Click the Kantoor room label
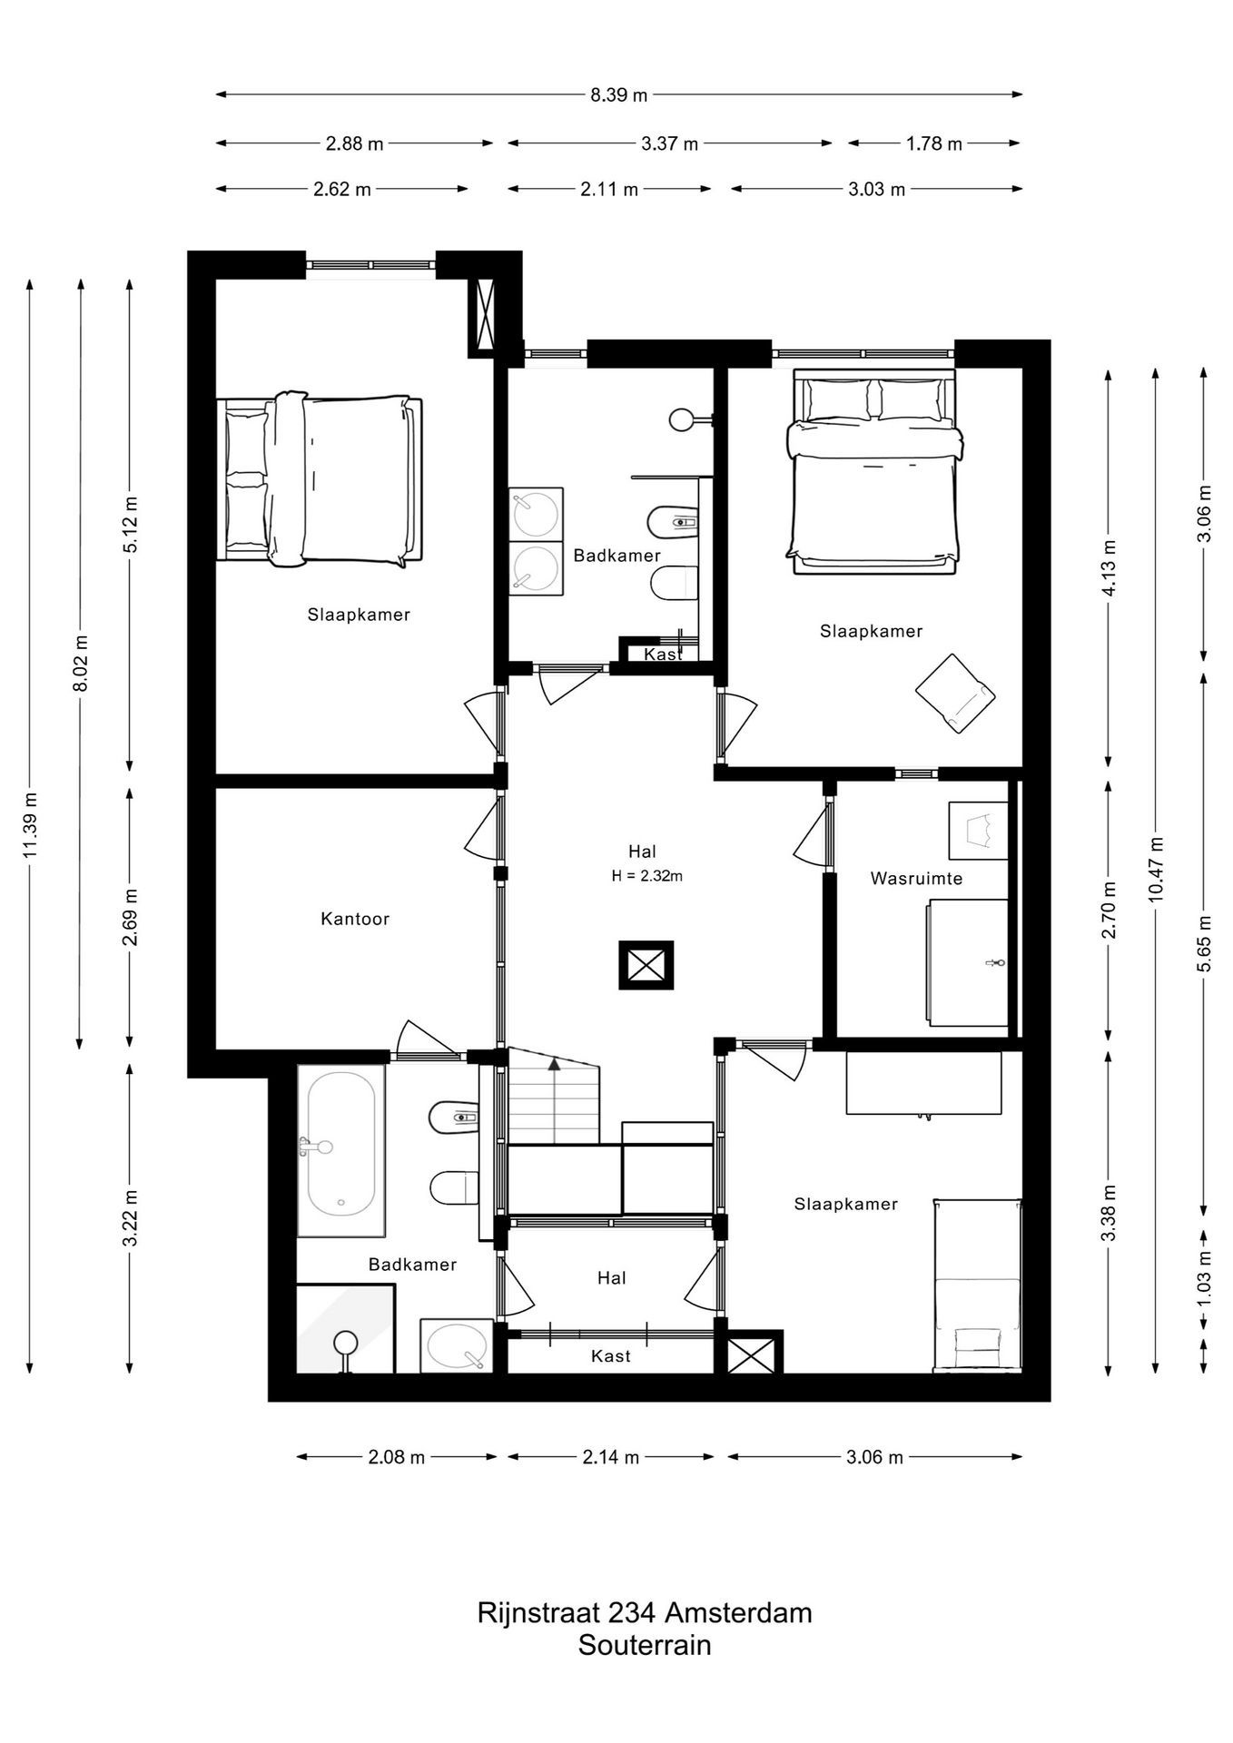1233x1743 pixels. [x=355, y=919]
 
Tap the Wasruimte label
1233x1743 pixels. [x=916, y=878]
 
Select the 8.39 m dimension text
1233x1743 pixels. [x=619, y=94]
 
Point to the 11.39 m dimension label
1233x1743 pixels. [x=31, y=825]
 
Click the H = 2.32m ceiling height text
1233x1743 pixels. [x=646, y=876]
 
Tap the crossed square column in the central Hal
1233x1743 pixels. [x=646, y=964]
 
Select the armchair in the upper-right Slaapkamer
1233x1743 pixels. [x=955, y=693]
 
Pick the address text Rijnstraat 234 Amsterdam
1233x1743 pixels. [x=645, y=1612]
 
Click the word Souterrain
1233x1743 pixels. [x=645, y=1644]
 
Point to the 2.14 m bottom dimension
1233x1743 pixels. [x=610, y=1457]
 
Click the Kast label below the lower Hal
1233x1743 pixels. [x=610, y=1356]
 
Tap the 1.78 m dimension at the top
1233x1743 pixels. [x=933, y=143]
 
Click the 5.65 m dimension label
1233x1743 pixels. [x=1204, y=941]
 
